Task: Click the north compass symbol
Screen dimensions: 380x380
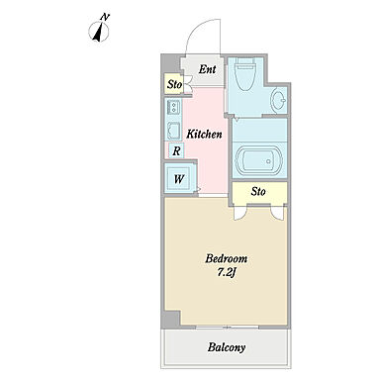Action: [x=99, y=33]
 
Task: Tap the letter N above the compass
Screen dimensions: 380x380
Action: [x=105, y=17]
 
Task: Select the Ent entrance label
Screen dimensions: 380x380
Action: [x=208, y=69]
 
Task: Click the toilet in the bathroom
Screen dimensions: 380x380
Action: [x=244, y=74]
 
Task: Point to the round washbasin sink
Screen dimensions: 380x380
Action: [x=279, y=100]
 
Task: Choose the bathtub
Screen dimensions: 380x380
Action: [x=258, y=161]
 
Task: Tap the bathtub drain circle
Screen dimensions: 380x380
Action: [x=268, y=161]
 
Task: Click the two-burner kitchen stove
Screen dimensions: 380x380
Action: [x=173, y=107]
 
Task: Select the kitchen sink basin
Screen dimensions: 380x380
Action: [x=173, y=131]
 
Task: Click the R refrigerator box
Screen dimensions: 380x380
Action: [x=176, y=151]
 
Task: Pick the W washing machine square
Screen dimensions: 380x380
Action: [x=179, y=179]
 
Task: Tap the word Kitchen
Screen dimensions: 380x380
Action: [x=204, y=135]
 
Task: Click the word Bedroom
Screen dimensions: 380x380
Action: [x=227, y=258]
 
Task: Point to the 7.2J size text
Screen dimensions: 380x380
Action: [x=227, y=272]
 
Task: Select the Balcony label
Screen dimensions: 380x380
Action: [x=227, y=347]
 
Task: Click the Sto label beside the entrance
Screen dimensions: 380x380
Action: [x=174, y=84]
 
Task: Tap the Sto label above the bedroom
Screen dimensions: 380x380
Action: [x=258, y=191]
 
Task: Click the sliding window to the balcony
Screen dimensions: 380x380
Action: [x=227, y=328]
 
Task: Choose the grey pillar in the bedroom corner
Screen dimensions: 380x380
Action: [x=170, y=319]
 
